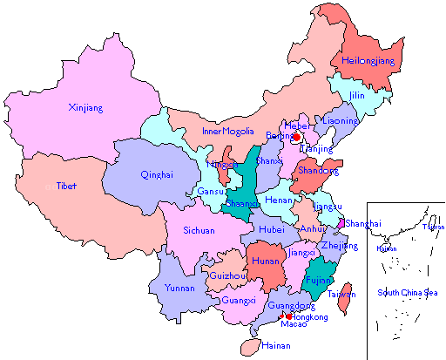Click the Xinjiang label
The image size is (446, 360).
pyautogui.click(x=85, y=108)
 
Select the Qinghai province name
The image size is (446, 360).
pyautogui.click(x=157, y=174)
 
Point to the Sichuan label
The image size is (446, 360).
pyautogui.click(x=200, y=231)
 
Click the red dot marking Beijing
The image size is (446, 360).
pyautogui.click(x=296, y=137)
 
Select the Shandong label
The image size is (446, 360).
pyautogui.click(x=316, y=171)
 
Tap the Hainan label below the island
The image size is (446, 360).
pyautogui.click(x=275, y=346)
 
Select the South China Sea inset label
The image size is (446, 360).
pyautogui.click(x=407, y=292)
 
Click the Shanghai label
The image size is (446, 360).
pyautogui.click(x=362, y=224)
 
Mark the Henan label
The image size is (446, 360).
pyautogui.click(x=279, y=200)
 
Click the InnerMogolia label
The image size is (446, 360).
pyautogui.click(x=227, y=132)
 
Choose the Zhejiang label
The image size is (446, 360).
pyautogui.click(x=340, y=246)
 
